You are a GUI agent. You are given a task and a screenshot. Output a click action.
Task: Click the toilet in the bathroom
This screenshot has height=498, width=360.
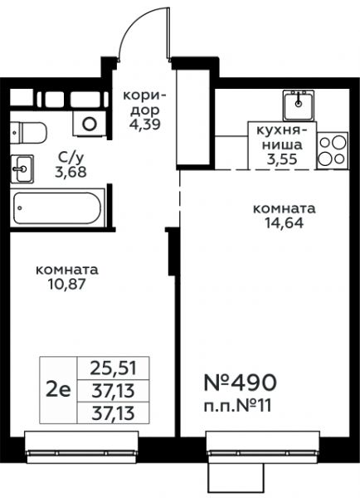tap(28, 133)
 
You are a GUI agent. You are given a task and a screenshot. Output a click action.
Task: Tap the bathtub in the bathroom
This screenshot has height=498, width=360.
tap(57, 207)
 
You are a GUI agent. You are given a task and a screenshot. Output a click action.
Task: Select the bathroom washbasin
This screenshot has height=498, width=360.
tap(22, 168)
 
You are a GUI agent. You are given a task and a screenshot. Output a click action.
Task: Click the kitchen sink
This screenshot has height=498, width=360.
tap(299, 105)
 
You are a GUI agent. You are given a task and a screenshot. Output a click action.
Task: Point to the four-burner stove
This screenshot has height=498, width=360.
tap(333, 150)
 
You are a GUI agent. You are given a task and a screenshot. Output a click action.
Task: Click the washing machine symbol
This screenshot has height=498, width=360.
tap(90, 124)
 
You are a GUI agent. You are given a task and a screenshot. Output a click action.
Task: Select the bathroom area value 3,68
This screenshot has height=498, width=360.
tap(71, 172)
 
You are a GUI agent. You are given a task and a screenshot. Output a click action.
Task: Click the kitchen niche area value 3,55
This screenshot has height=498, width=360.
tap(282, 159)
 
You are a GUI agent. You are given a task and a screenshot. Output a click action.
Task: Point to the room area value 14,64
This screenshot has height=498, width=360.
tap(285, 222)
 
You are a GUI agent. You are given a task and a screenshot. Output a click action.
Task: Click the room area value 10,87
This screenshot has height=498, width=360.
tap(66, 284)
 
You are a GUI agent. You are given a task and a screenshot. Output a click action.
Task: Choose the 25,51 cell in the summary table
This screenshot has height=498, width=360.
tap(113, 368)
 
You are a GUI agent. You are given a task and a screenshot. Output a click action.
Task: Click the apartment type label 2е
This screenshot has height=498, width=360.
tap(58, 390)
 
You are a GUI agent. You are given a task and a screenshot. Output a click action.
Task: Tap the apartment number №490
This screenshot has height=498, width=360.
tap(240, 382)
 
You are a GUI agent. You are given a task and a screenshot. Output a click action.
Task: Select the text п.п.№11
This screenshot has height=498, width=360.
tap(237, 406)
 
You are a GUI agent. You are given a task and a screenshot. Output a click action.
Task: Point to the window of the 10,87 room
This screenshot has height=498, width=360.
tap(81, 447)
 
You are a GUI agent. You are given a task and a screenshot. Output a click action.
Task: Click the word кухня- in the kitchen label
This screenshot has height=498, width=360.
tap(282, 130)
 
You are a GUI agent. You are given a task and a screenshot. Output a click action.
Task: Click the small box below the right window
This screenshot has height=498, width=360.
tap(236, 478)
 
